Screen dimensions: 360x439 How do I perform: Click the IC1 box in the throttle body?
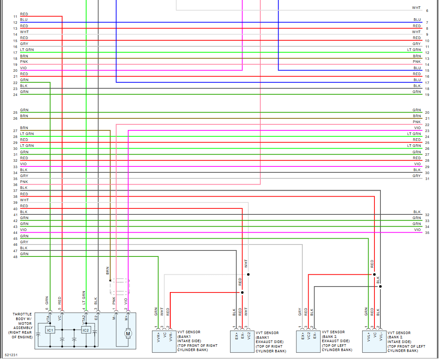click(50, 330)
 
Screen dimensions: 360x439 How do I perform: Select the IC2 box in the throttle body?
click(86, 330)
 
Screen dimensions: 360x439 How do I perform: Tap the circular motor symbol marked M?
click(128, 334)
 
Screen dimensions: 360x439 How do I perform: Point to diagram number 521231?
click(11, 354)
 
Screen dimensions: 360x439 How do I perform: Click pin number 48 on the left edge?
click(15, 256)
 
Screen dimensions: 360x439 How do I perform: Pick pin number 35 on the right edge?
click(427, 233)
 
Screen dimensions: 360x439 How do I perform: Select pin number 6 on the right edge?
click(427, 10)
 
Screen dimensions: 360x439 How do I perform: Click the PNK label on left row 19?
click(24, 62)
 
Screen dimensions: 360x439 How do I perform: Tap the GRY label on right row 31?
click(416, 176)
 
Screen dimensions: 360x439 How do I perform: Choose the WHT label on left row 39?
click(24, 200)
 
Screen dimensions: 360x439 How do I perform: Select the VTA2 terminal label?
click(84, 318)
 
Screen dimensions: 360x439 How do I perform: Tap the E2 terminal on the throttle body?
click(96, 317)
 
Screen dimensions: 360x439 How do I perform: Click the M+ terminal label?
click(127, 317)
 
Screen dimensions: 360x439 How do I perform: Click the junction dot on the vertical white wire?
click(248, 274)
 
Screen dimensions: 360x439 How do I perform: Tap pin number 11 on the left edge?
click(15, 17)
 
